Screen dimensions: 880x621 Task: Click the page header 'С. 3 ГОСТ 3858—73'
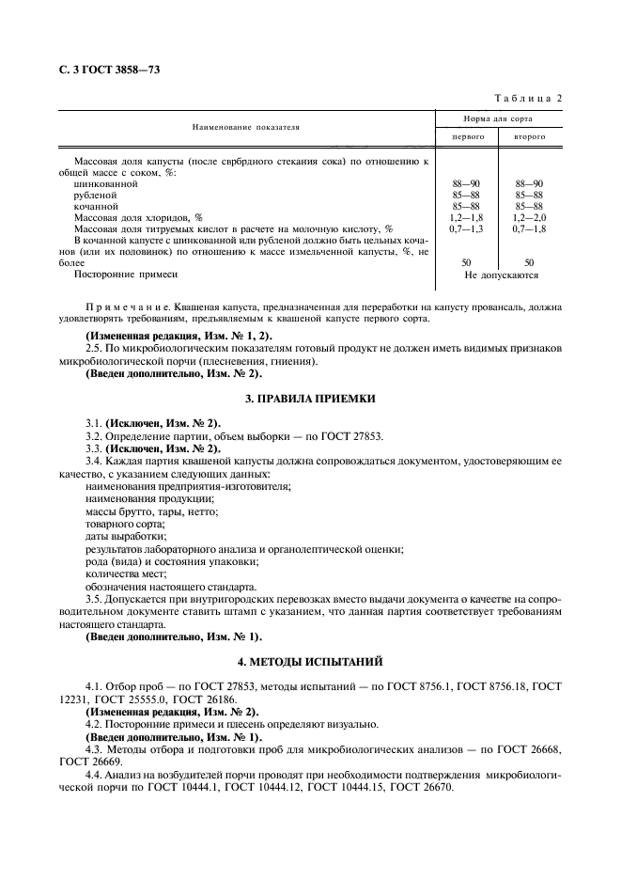click(106, 69)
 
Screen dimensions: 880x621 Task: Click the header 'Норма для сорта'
click(499, 118)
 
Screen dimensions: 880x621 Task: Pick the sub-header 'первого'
click(468, 136)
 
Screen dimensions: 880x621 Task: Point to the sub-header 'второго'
click(530, 136)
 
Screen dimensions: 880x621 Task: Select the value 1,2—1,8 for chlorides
click(468, 217)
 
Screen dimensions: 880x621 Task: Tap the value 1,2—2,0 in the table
click(530, 217)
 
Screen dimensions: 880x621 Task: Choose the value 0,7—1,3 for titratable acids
click(468, 228)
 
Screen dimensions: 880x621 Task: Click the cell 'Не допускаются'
click(500, 275)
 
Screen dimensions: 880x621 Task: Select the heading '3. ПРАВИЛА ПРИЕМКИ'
click(310, 399)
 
